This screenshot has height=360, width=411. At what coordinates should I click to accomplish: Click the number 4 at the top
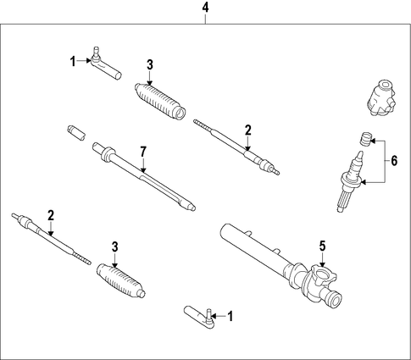pos(205,8)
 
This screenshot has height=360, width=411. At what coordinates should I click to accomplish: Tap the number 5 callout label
pos(322,246)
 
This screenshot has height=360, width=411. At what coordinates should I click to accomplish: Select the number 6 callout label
pos(394,161)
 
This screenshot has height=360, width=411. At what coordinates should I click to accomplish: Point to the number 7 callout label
pos(143,152)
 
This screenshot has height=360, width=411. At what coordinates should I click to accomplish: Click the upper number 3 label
pos(150,64)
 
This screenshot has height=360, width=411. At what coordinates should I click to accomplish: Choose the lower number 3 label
pos(114,246)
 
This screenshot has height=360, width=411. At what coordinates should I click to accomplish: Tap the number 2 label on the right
pos(247,130)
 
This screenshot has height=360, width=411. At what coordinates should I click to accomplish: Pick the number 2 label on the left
pos(51,215)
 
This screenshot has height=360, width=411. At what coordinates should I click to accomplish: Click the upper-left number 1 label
pos(73,61)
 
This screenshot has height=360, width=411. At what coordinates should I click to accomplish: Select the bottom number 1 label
pos(230,316)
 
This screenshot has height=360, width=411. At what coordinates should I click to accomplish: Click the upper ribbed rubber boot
pos(160,100)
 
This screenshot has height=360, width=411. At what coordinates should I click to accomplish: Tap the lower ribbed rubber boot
pos(121,280)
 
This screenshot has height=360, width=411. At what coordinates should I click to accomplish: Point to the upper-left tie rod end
pos(105,64)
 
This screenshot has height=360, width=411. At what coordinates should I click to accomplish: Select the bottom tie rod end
pos(200,318)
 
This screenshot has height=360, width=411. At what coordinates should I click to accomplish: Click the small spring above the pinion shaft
pos(365,139)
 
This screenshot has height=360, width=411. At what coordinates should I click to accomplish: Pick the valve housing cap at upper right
pos(380,97)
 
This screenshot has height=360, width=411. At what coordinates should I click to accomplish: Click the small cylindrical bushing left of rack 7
pos(76,133)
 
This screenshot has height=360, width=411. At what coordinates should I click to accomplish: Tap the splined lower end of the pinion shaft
pos(344,199)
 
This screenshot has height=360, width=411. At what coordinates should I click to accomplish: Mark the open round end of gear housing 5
pos(335,300)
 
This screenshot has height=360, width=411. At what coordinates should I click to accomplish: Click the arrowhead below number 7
pos(143,170)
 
